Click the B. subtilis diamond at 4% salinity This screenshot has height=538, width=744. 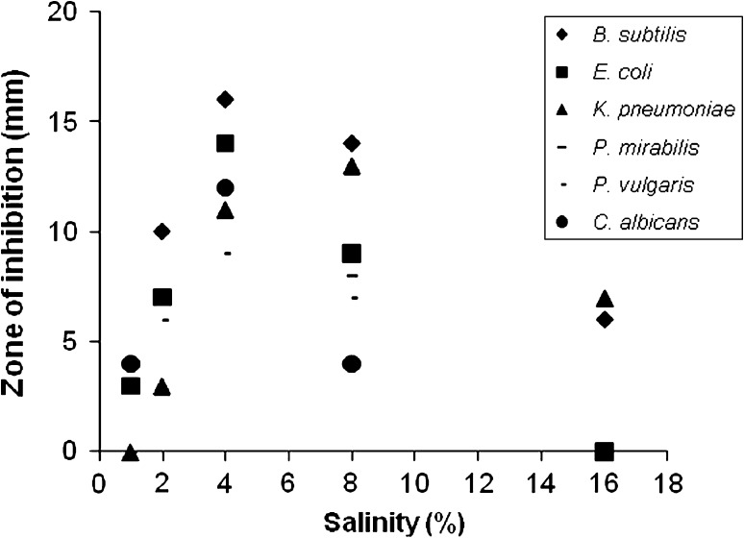225,99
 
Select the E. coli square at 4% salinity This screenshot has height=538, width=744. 225,143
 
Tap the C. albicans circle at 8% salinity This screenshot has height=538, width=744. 352,364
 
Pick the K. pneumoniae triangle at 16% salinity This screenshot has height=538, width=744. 605,299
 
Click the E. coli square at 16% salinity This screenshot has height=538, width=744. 605,451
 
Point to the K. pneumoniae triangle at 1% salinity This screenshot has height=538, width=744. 131,452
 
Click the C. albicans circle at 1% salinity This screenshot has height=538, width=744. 131,364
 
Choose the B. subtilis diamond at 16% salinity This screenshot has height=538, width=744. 605,319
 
